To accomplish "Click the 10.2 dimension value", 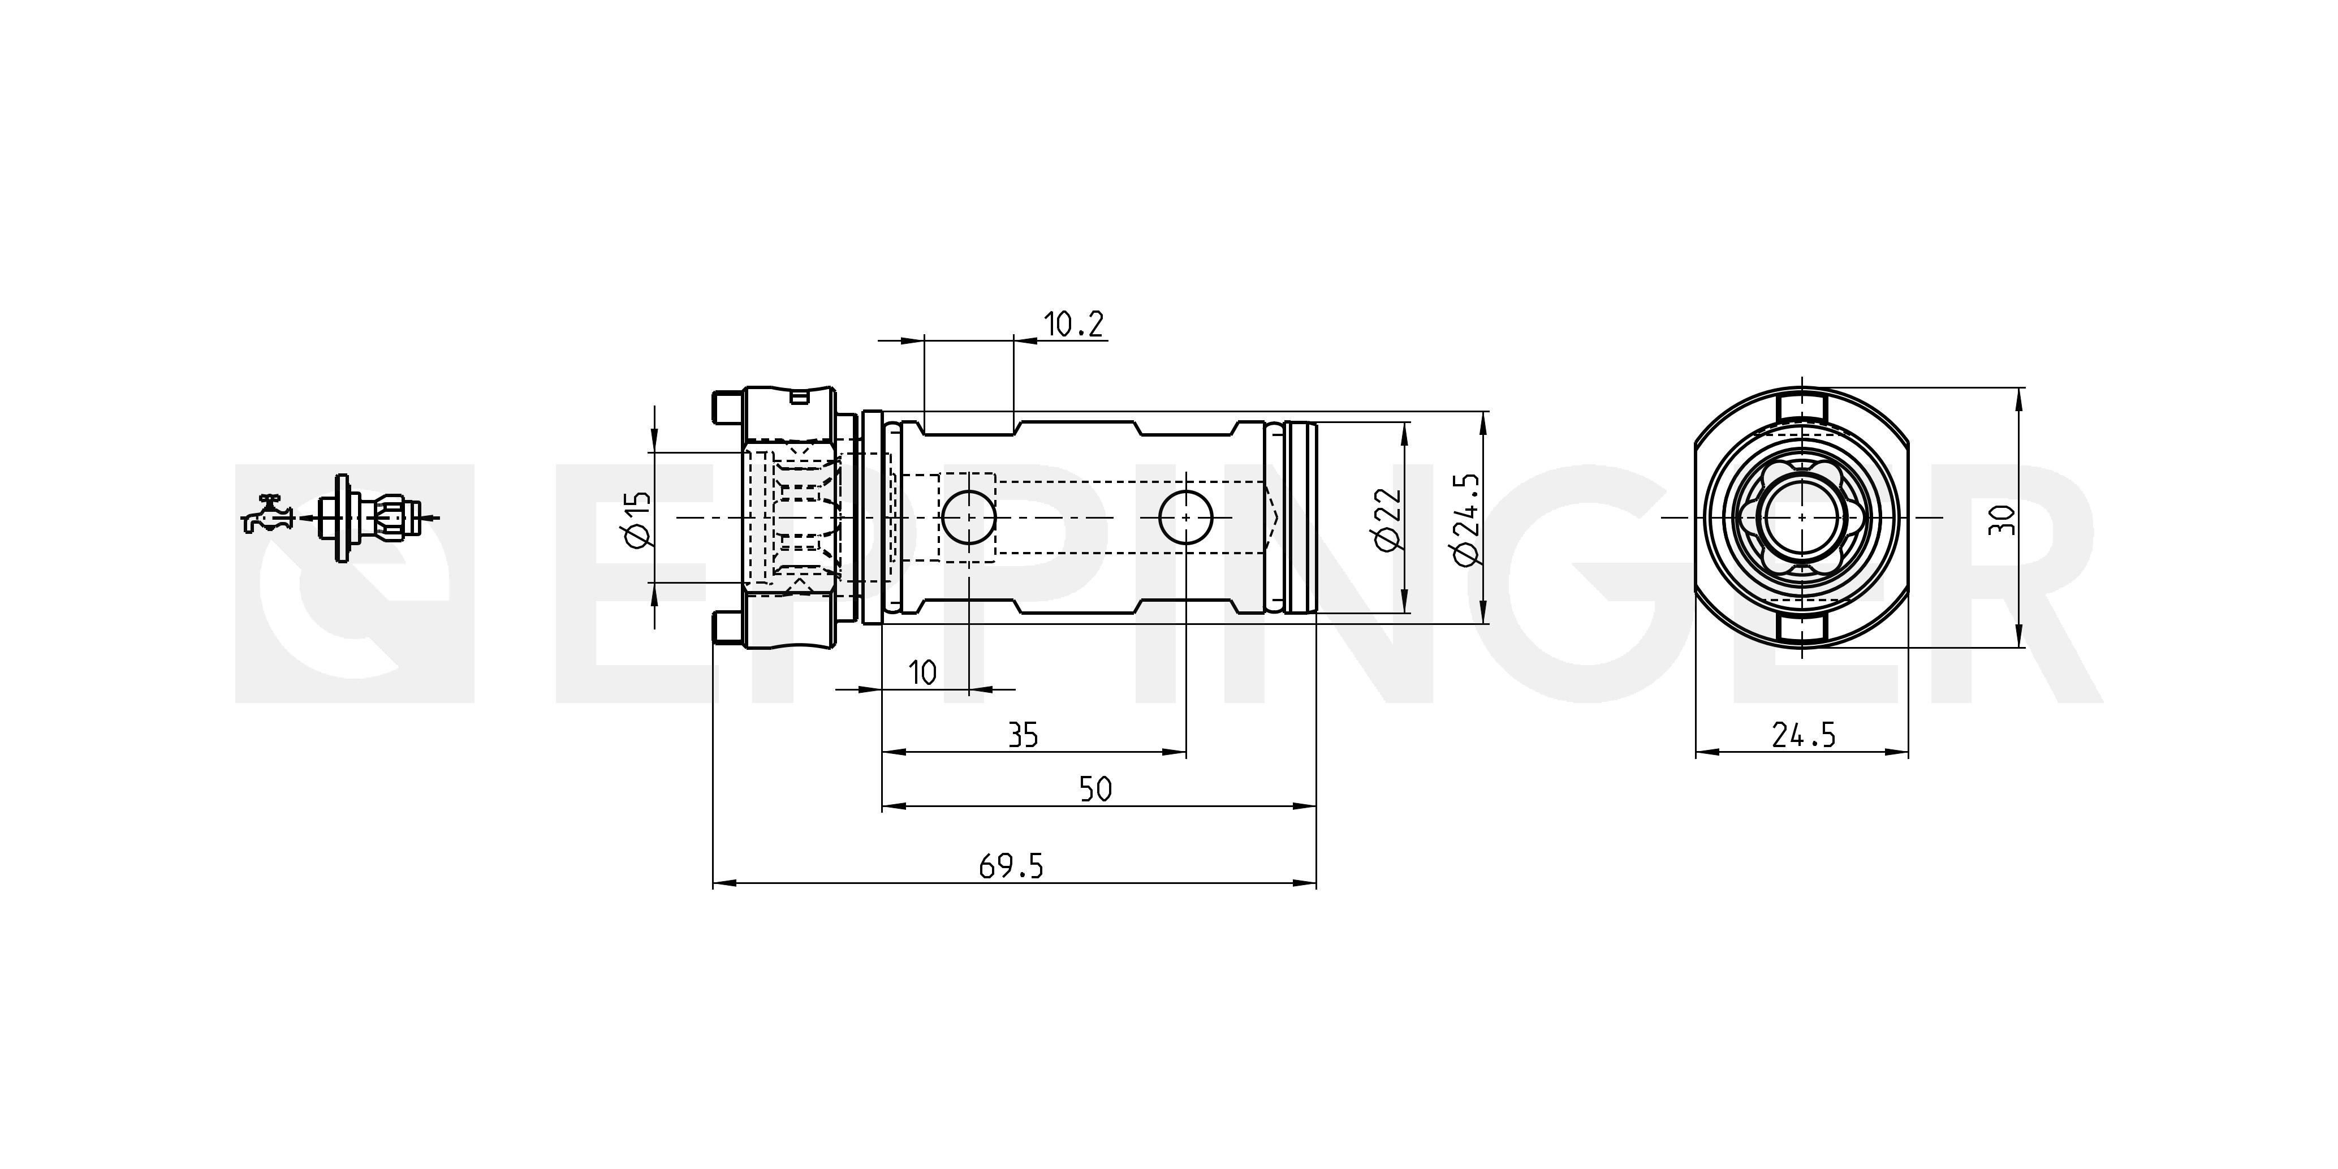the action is pyautogui.click(x=1073, y=324).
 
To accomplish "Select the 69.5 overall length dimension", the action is pyautogui.click(x=1011, y=867).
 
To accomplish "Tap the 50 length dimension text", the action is pyautogui.click(x=1095, y=789).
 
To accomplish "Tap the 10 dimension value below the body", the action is pyautogui.click(x=922, y=672).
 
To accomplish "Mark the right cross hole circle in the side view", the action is pyautogui.click(x=1186, y=518).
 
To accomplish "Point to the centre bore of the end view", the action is pyautogui.click(x=1802, y=518).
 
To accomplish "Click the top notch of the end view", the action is pyautogui.click(x=1802, y=408).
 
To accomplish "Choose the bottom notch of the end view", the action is pyautogui.click(x=1802, y=628).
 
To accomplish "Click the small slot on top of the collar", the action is pyautogui.click(x=800, y=396).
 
